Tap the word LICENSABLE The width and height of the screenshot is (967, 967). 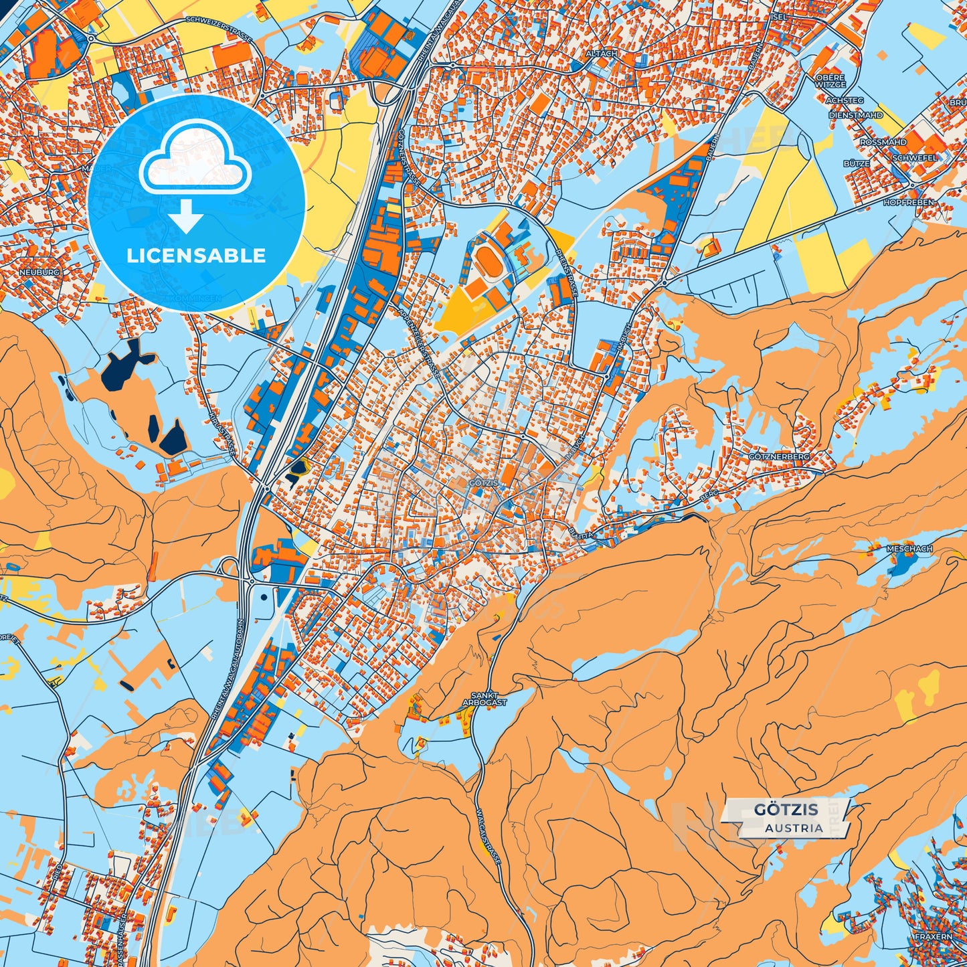coord(196,256)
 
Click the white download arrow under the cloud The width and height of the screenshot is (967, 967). coord(187,215)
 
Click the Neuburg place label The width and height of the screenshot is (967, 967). coord(39,272)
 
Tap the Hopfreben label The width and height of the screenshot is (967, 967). coord(908,202)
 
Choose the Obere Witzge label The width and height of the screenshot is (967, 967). coord(830,81)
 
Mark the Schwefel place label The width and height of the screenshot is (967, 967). coord(915,158)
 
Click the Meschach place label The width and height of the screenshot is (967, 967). coord(909,549)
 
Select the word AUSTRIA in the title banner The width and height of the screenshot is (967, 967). coord(794,828)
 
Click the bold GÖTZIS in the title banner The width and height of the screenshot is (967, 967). coord(786,810)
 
